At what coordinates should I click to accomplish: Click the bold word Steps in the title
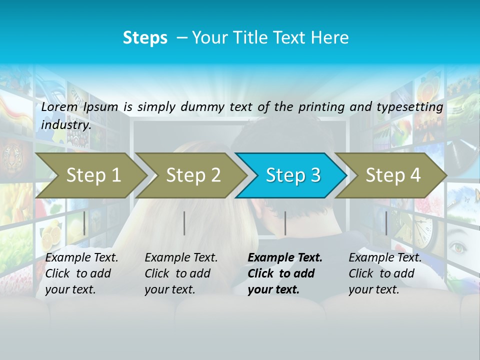[145, 38]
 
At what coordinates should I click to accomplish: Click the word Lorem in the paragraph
[59, 107]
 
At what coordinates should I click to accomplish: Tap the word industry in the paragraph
[65, 125]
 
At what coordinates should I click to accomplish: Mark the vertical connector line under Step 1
[84, 223]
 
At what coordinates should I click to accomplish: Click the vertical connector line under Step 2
[184, 223]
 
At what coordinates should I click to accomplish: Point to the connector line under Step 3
[285, 223]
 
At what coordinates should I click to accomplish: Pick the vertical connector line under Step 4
[386, 223]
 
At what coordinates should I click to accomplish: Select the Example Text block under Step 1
[81, 273]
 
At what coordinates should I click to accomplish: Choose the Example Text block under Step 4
[385, 273]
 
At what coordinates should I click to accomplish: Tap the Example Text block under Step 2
[181, 273]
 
